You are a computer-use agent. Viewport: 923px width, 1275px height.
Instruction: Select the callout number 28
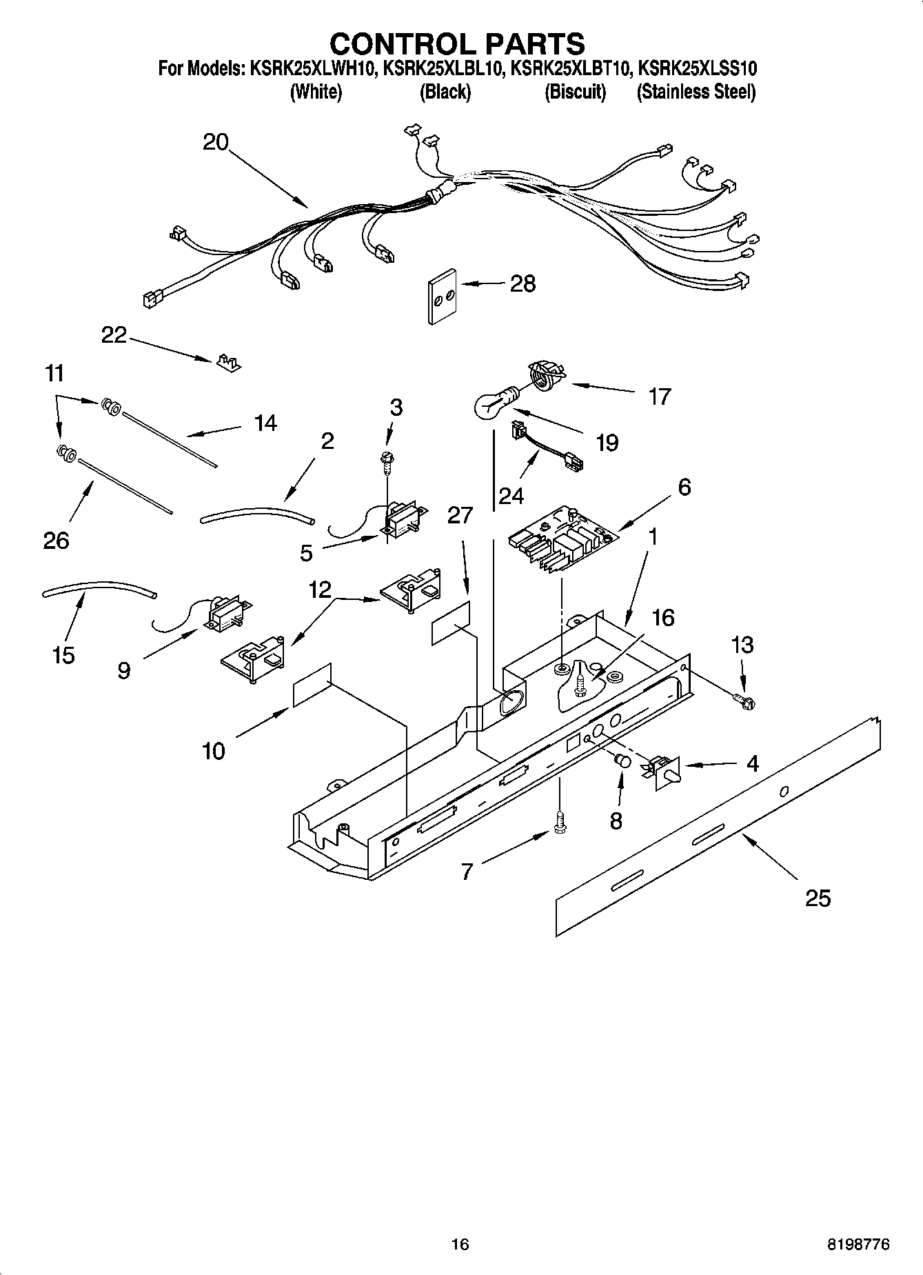tap(523, 283)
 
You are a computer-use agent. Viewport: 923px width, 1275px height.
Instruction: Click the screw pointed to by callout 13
tap(745, 702)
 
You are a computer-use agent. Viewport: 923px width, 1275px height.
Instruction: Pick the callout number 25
tap(818, 898)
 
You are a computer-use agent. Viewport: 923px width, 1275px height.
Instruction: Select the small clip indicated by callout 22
tap(227, 363)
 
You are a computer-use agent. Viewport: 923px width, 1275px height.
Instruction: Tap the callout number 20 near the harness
tap(215, 142)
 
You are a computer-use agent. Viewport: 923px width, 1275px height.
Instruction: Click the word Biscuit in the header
tap(575, 92)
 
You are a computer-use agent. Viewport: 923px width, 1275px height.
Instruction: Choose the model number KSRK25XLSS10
tap(698, 68)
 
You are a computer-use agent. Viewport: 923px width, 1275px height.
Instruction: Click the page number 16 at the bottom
tap(460, 1244)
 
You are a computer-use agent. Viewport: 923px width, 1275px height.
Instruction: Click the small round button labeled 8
tap(623, 762)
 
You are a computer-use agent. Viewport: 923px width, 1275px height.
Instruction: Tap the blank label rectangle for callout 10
tap(312, 685)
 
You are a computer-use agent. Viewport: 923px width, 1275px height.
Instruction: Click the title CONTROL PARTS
tap(457, 44)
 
